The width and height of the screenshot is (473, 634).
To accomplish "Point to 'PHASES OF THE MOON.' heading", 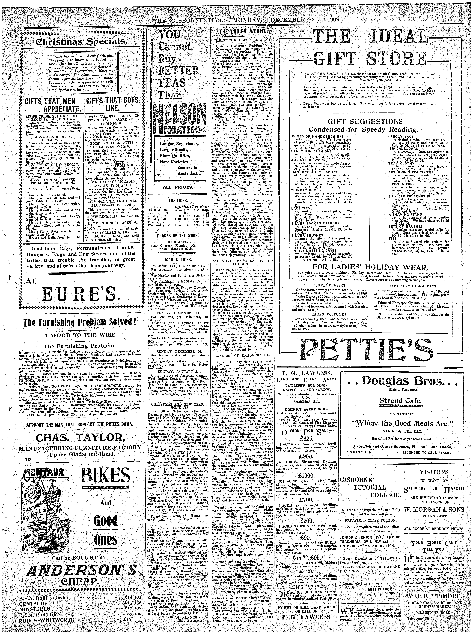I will (x=178, y=236).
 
